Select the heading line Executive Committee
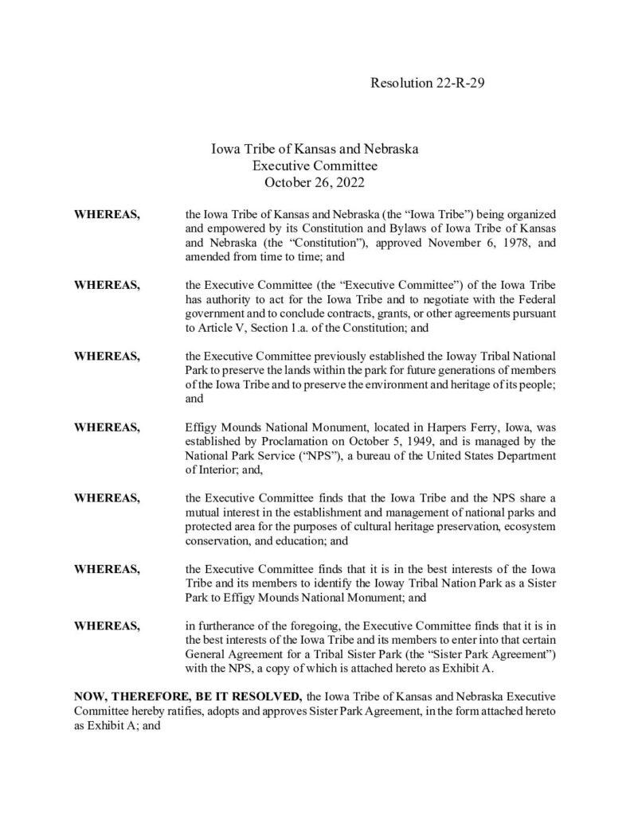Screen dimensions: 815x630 point(315,166)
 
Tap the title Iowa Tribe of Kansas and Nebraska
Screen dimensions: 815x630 point(315,149)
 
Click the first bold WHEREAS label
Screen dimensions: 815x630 point(108,215)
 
